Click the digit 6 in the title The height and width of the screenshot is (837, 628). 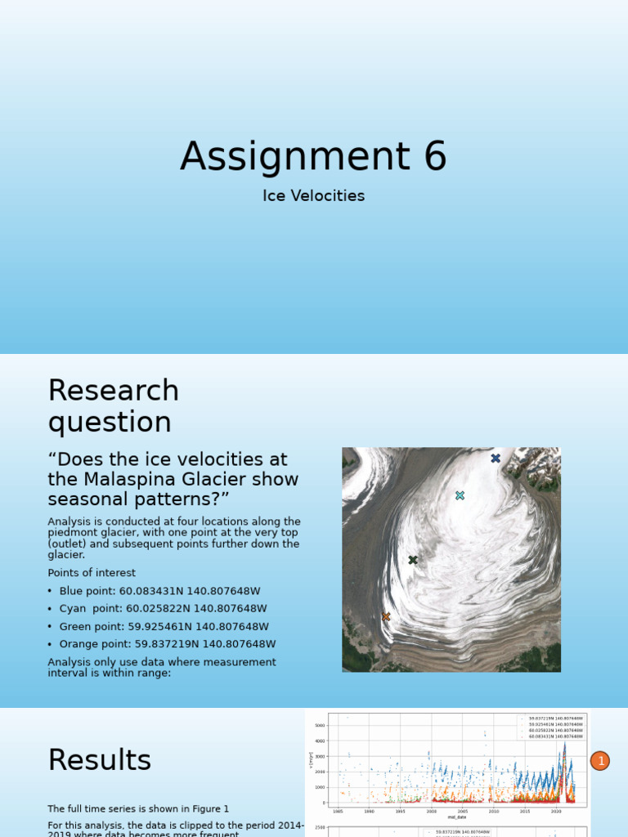(434, 156)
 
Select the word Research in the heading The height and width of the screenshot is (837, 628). (113, 391)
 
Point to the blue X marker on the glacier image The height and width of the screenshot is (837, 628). (496, 459)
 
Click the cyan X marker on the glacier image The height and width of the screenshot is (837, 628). (460, 495)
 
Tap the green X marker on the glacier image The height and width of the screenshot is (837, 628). (413, 560)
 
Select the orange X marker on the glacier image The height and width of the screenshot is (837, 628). (386, 616)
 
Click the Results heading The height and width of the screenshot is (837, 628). (99, 760)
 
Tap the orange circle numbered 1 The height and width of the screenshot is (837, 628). (599, 761)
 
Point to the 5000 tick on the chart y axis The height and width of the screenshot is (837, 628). (321, 725)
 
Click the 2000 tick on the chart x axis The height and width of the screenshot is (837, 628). (431, 811)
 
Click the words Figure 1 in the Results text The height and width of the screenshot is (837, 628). (209, 808)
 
